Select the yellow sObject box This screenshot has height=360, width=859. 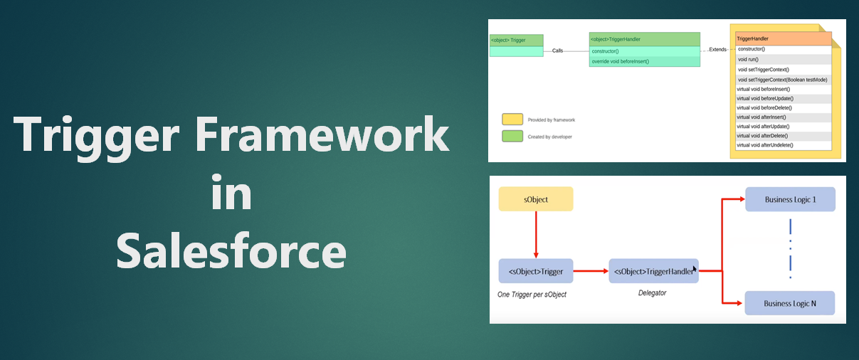tap(536, 199)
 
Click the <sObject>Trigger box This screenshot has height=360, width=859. tap(536, 270)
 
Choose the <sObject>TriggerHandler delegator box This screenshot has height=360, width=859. tap(653, 270)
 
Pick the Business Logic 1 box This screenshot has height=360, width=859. tap(790, 199)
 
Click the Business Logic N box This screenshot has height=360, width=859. tap(790, 303)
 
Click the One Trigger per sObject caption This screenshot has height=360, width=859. tap(532, 294)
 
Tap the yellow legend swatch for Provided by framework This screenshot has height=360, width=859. tap(512, 119)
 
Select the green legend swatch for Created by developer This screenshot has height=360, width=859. tap(512, 136)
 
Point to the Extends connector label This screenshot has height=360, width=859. tap(717, 50)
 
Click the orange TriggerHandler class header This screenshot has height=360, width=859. tap(783, 38)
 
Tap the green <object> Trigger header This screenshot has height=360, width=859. tap(516, 41)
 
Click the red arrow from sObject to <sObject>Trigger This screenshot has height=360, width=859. tap(536, 235)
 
